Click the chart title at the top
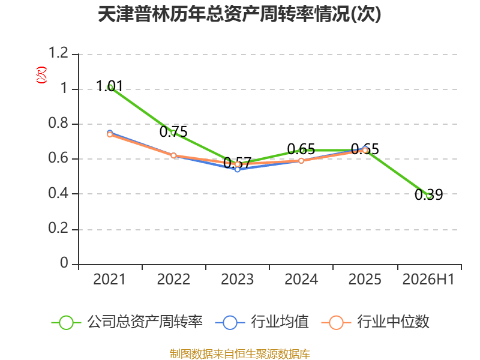click(239, 14)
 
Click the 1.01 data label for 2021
click(109, 86)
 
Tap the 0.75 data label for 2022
click(173, 132)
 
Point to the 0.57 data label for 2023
click(237, 163)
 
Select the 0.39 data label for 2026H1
click(428, 194)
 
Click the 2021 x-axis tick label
click(109, 280)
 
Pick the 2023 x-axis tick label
click(237, 280)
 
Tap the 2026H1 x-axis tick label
click(428, 280)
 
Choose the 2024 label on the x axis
click(301, 280)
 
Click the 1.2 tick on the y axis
click(58, 53)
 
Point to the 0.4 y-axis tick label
click(58, 193)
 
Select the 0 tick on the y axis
click(64, 263)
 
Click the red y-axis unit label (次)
click(41, 75)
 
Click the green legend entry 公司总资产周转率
click(127, 322)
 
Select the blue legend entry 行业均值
click(262, 322)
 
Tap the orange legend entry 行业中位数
click(376, 322)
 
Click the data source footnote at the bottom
click(240, 354)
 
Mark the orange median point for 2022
click(173, 155)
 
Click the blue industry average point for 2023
click(237, 169)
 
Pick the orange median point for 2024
click(301, 161)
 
